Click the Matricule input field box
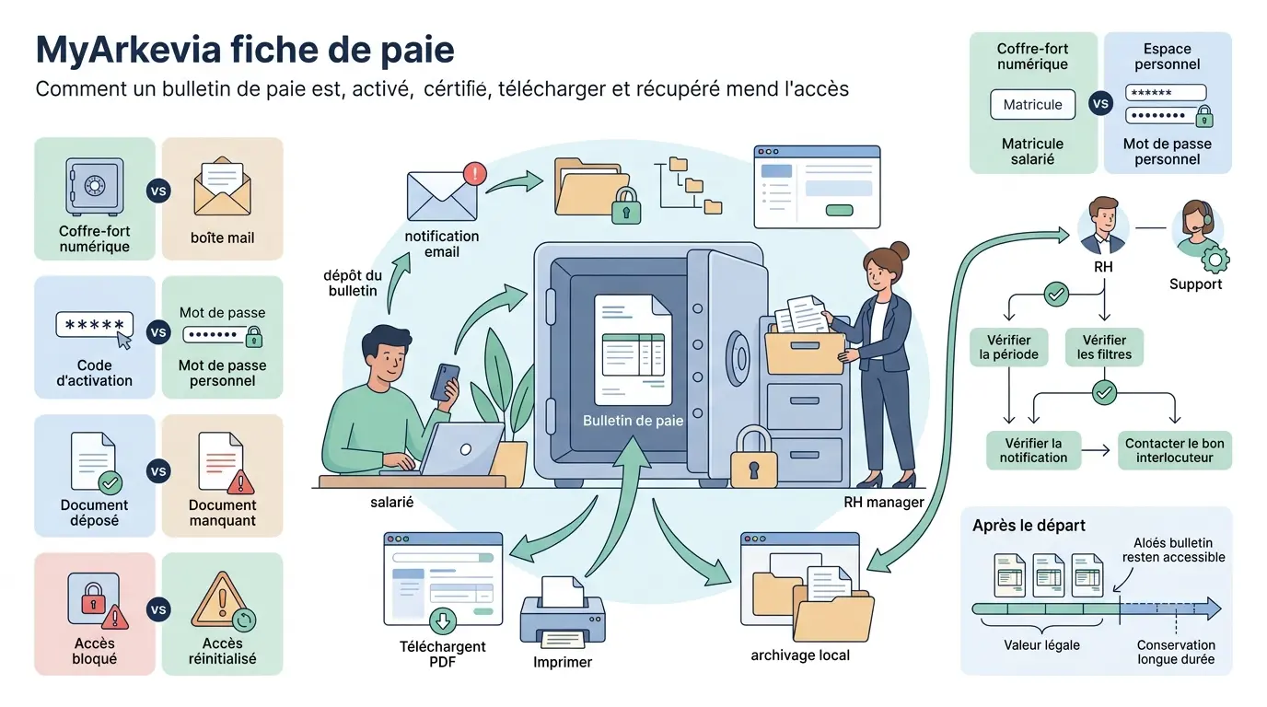point(1032,104)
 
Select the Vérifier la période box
point(1008,347)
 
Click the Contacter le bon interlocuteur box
point(1174,450)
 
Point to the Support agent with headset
point(1195,230)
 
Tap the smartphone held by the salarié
point(447,380)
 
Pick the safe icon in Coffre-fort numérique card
point(94,186)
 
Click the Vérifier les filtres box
point(1104,347)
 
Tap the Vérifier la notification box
point(1033,450)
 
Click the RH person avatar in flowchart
point(1103,226)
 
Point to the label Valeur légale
point(1041,644)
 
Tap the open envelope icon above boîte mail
point(222,188)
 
